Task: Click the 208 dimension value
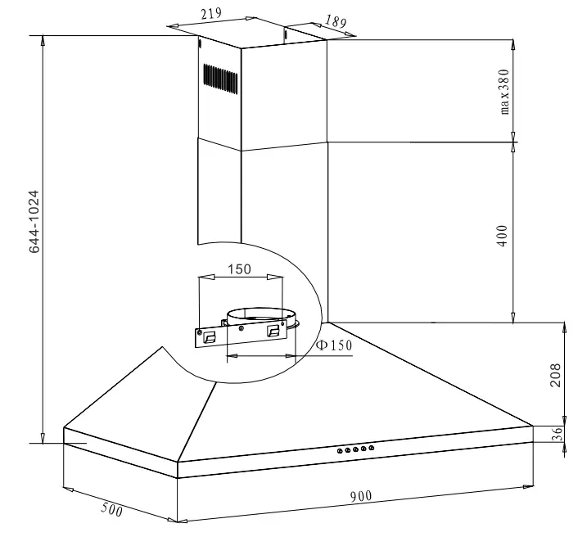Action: [x=557, y=375]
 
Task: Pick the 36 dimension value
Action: [x=558, y=435]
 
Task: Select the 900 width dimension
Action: [x=361, y=496]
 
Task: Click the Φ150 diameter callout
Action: [x=334, y=345]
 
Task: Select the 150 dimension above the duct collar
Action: [x=240, y=268]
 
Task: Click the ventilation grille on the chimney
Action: [x=221, y=79]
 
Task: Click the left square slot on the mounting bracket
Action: [x=210, y=336]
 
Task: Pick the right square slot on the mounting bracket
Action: [x=273, y=329]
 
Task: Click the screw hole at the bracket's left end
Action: [x=199, y=332]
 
